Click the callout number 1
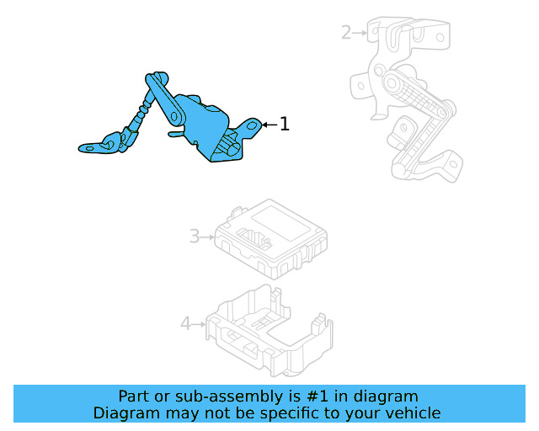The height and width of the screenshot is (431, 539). point(285,125)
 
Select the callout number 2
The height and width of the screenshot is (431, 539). point(346,33)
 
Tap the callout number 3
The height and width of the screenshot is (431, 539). point(195,237)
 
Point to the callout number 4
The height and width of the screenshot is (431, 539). point(186,323)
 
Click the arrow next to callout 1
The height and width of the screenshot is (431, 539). point(269,125)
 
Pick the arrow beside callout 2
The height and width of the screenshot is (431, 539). point(361,33)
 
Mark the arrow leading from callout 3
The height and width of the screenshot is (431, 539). point(209,237)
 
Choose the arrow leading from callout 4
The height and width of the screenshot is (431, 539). point(201,323)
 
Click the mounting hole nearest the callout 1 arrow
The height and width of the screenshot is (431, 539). point(250,126)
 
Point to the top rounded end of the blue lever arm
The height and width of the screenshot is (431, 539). point(153,80)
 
